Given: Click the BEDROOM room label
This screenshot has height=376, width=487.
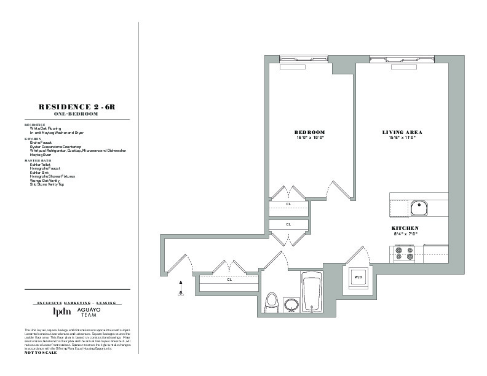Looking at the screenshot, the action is point(309,132).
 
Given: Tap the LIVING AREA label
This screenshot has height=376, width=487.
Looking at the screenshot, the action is point(402,132).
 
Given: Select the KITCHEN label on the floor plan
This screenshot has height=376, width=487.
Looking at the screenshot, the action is point(405,228).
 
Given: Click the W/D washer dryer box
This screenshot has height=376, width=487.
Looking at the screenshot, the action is point(357,277).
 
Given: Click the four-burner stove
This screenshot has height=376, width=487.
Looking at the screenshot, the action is point(403,253).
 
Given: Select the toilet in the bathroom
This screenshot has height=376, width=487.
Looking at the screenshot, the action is point(271,302).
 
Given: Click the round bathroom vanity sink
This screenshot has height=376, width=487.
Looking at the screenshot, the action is point(290,305).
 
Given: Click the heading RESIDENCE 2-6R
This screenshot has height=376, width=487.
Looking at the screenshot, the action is point(77,107).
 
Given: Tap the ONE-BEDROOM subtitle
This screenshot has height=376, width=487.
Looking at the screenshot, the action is point(77,114).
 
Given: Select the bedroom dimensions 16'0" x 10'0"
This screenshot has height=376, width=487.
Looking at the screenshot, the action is point(309,138).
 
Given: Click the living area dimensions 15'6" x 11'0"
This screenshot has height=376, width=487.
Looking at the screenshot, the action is point(402,138).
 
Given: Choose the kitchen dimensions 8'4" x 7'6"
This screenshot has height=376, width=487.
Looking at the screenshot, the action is point(405,233).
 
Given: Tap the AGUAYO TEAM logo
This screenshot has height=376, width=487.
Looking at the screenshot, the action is point(91,312).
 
